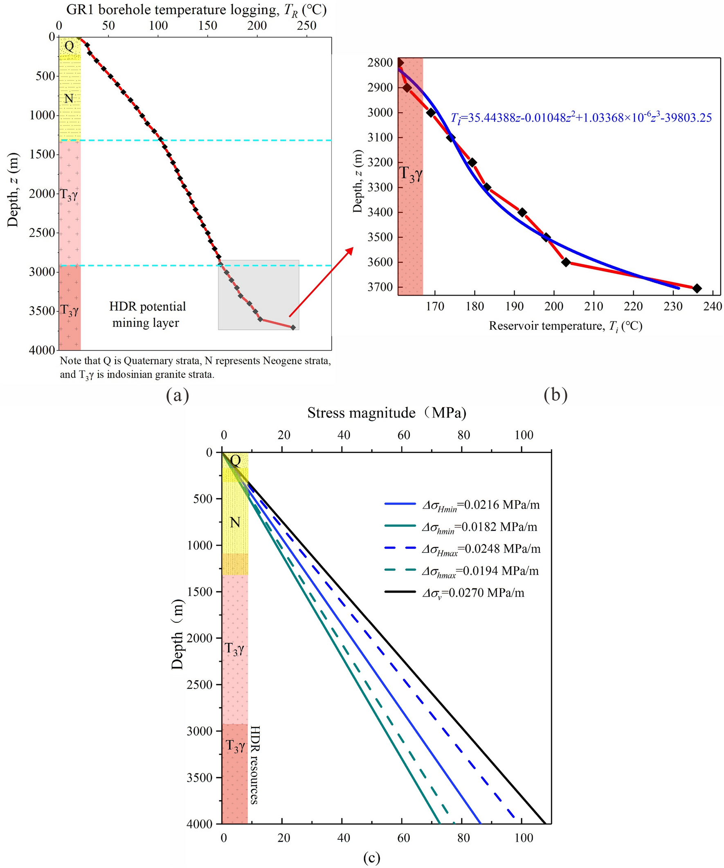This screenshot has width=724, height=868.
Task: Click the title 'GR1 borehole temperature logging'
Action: point(171,10)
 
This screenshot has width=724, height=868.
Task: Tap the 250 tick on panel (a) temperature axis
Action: point(306,26)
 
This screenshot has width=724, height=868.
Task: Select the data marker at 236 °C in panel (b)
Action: point(697,289)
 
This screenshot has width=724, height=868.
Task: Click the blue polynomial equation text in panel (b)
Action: point(581,118)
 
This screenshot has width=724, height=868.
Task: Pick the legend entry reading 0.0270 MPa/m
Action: point(473,593)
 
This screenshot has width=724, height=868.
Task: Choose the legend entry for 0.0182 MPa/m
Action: point(479,527)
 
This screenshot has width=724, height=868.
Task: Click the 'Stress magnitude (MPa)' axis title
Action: point(387,413)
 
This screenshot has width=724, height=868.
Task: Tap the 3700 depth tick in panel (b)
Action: point(380,287)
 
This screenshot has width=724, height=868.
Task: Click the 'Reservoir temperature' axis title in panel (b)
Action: point(565,326)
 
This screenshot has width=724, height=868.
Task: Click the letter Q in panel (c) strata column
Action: point(235,460)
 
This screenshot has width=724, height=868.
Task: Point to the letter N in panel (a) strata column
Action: point(69,99)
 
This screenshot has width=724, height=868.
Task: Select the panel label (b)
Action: point(555,395)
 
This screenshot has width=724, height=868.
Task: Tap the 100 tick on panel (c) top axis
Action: point(524,435)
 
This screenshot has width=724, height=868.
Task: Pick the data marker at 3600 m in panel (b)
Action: point(566,262)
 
